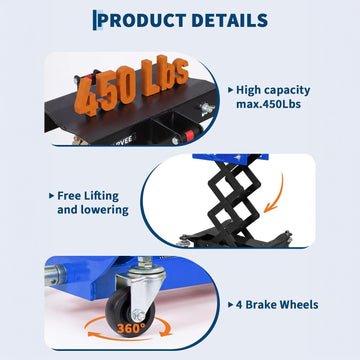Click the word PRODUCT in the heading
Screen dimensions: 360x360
[x=142, y=20]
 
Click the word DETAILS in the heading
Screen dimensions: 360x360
[x=230, y=20]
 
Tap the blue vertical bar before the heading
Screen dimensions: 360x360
[x=95, y=20]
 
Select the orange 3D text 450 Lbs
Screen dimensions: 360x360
[x=131, y=85]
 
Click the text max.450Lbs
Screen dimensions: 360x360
[x=269, y=104]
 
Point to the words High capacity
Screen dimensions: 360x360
[x=273, y=90]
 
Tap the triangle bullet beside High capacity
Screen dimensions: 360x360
[x=230, y=90]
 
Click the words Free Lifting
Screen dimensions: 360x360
[x=88, y=196]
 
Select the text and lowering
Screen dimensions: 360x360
[x=93, y=210]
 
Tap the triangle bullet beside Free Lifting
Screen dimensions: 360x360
[x=51, y=196]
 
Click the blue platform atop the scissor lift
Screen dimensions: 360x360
[x=230, y=158]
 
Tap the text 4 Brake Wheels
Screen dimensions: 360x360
[x=277, y=305]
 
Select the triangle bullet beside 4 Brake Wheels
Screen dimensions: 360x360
[x=230, y=305]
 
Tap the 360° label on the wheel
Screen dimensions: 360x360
[x=131, y=329]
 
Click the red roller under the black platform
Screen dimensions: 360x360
[x=189, y=135]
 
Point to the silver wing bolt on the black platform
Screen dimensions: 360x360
[x=207, y=108]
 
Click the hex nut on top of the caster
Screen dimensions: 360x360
[x=145, y=263]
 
